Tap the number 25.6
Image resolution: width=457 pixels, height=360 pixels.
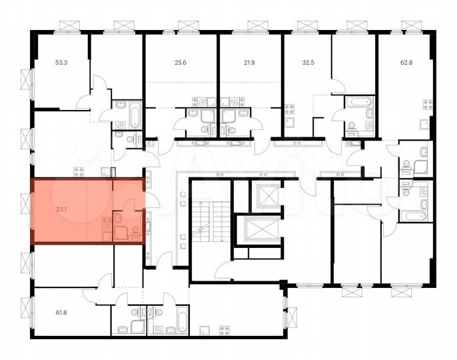[x=180, y=63]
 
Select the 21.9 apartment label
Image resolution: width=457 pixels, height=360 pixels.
[x=249, y=63]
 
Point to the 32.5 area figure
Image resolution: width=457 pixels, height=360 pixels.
[x=308, y=63]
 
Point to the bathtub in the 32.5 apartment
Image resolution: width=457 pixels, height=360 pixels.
[x=361, y=103]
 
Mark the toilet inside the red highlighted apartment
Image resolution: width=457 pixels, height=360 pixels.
[x=135, y=231]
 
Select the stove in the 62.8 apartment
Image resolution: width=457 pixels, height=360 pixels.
[x=425, y=105]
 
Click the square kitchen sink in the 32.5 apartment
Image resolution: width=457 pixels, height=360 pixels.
[x=289, y=123]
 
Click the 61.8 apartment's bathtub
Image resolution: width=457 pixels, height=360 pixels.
[x=181, y=320]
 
